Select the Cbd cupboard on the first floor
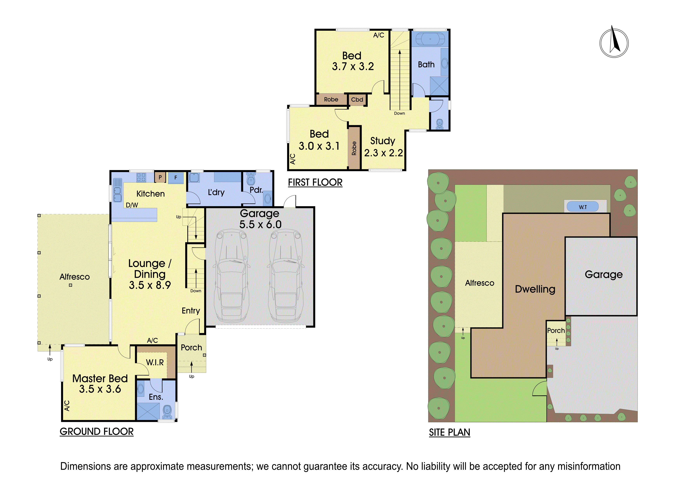[357, 99]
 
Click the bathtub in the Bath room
[430, 39]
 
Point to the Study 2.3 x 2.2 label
[383, 147]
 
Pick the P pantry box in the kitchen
[160, 178]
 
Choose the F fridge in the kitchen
[176, 178]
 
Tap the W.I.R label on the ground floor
[155, 362]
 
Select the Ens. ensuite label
[156, 397]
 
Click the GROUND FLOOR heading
[97, 431]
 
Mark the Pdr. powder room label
[256, 190]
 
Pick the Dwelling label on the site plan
[535, 289]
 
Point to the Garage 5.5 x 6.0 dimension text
[260, 224]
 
